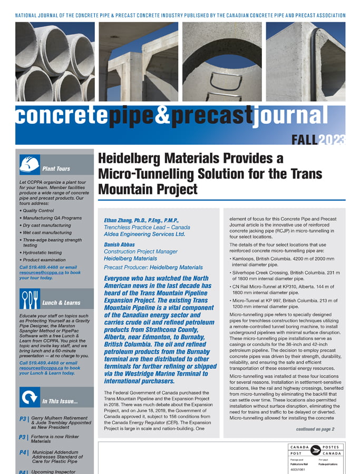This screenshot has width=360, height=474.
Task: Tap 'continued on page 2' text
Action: click(x=315, y=429)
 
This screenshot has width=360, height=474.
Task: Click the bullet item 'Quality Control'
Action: click(x=38, y=211)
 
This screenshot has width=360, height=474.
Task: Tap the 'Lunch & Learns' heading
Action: click(x=61, y=302)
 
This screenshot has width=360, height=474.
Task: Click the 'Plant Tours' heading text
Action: click(x=56, y=169)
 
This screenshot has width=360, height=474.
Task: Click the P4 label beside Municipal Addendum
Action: click(x=24, y=452)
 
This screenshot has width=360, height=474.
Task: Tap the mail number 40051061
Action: click(x=298, y=469)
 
